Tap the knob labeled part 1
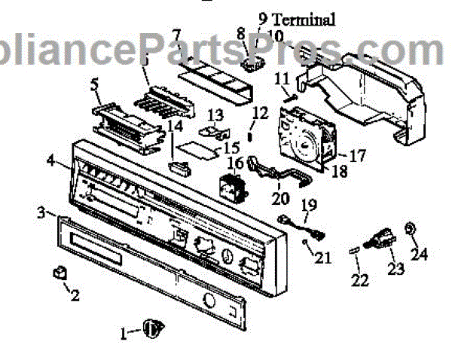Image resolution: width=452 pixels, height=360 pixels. click(x=154, y=327)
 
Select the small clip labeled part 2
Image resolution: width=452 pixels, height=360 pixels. click(x=58, y=272)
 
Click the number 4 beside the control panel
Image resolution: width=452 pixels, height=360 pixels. click(x=50, y=160)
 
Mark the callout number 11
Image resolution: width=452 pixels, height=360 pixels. click(x=282, y=78)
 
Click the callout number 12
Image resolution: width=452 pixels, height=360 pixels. click(x=259, y=114)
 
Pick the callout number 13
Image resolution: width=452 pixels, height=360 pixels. click(x=216, y=114)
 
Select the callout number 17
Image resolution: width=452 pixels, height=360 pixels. click(x=357, y=156)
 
